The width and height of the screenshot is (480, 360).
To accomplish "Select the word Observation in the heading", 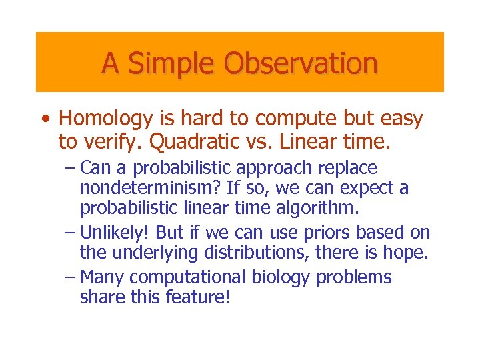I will [301, 64].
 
